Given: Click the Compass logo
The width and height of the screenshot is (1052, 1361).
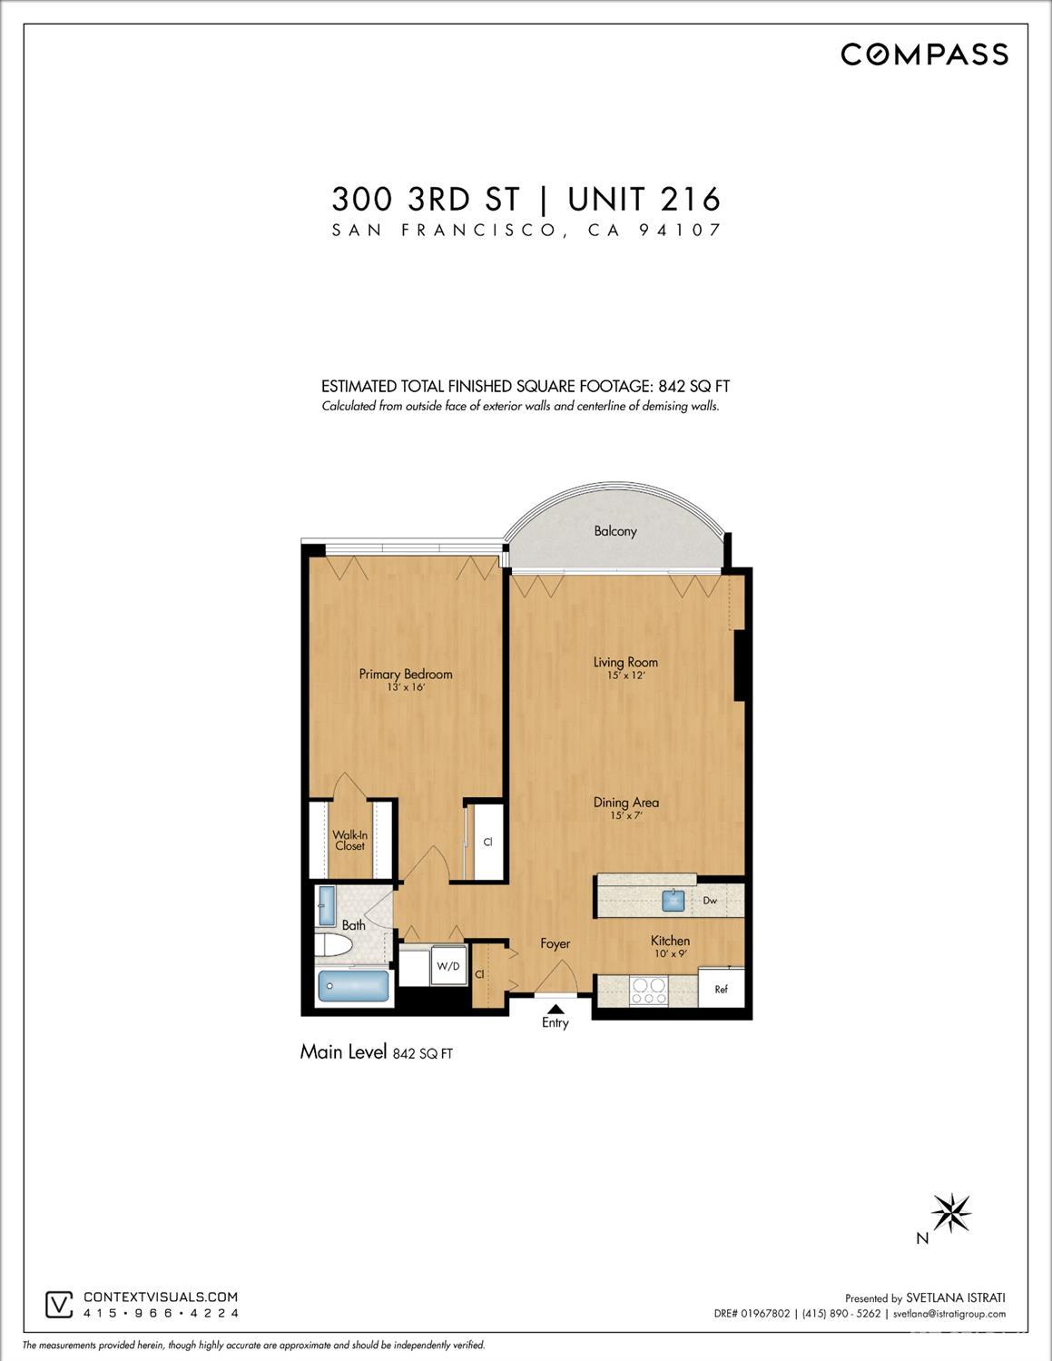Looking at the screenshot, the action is (x=924, y=54).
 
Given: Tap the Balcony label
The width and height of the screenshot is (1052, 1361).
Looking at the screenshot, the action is (x=614, y=531).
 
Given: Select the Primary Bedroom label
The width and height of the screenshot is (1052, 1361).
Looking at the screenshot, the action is (x=405, y=674).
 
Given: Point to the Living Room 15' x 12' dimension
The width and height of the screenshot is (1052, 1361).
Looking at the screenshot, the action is (x=625, y=676).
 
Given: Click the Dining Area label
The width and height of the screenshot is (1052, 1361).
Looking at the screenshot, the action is (x=625, y=803).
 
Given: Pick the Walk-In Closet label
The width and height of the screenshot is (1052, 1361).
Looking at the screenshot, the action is (x=349, y=841).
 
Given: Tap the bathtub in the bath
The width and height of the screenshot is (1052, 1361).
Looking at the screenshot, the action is (x=353, y=986).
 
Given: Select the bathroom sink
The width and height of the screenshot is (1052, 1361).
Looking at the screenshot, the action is (x=327, y=905).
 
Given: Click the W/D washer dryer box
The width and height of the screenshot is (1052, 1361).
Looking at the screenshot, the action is (x=447, y=966).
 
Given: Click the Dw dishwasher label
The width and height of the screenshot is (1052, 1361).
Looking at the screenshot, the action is (x=710, y=901).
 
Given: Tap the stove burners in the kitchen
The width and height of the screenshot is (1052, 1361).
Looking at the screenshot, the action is (x=648, y=991).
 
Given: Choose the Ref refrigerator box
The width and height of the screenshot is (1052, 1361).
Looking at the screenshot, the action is (x=722, y=988).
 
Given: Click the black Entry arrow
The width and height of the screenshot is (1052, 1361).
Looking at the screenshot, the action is (x=555, y=1009).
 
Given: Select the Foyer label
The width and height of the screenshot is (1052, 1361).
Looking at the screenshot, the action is (x=555, y=943).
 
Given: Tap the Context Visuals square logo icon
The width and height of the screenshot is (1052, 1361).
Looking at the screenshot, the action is (x=59, y=1305).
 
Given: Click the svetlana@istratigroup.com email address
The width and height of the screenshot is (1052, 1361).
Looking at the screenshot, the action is (x=949, y=1314).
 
